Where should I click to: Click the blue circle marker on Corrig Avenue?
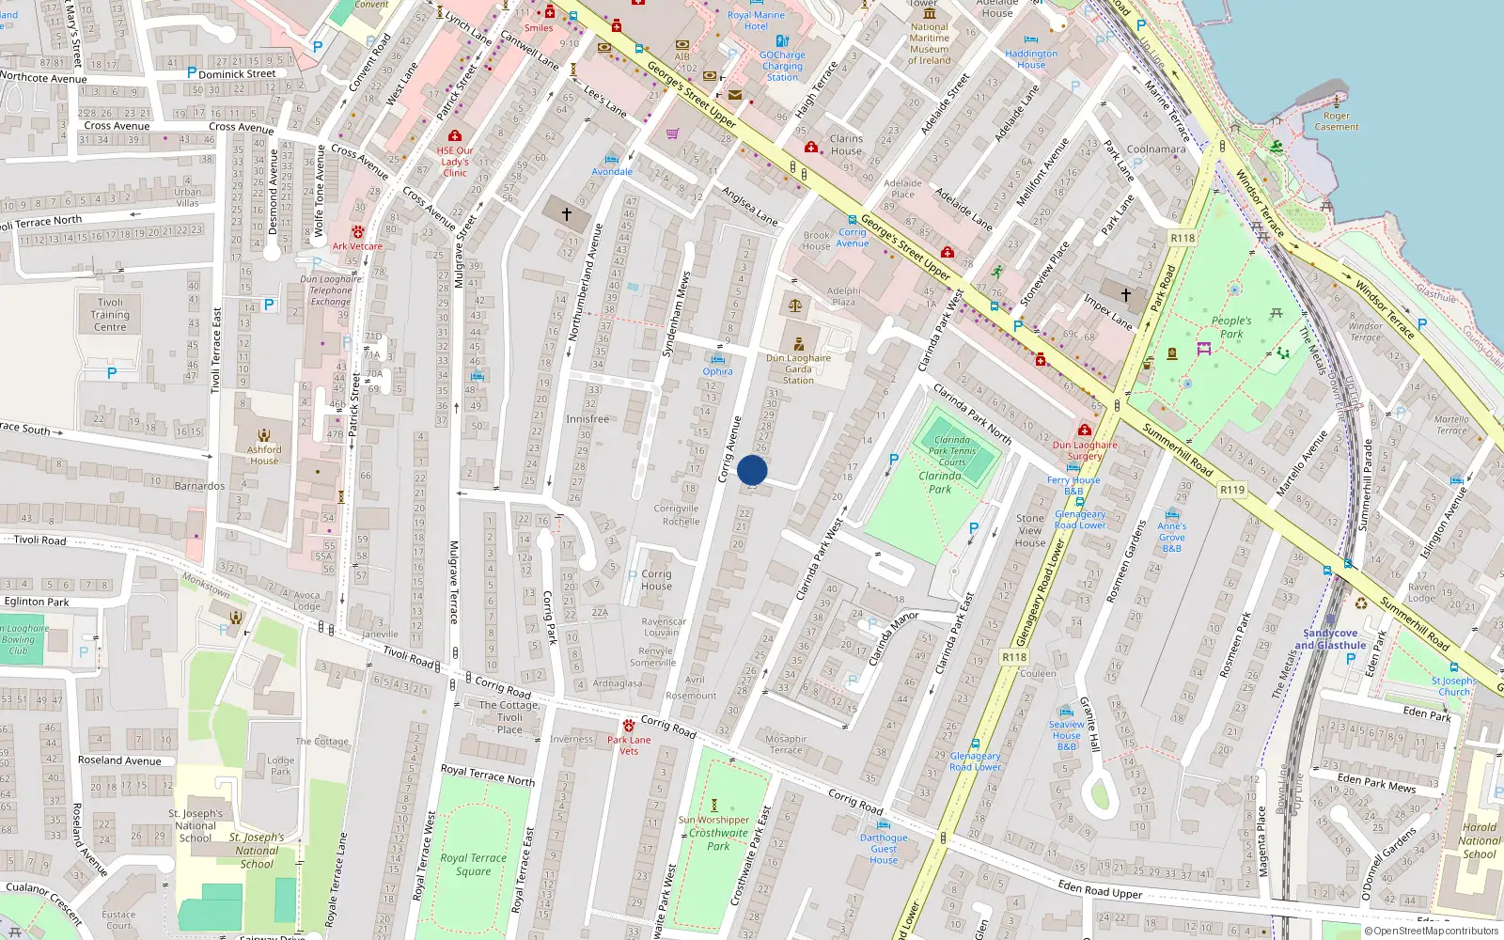[752, 470]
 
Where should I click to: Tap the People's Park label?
[1231, 327]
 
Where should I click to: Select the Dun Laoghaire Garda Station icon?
[798, 344]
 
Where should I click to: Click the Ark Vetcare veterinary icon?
[357, 231]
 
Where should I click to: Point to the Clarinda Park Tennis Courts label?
[951, 450]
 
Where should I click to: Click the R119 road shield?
[1231, 489]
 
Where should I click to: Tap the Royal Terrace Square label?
[473, 864]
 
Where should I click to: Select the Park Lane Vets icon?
[628, 726]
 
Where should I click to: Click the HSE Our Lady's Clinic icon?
[455, 136]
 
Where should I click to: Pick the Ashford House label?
[264, 455]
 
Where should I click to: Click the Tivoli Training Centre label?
[110, 315]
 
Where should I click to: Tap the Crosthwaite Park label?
[718, 839]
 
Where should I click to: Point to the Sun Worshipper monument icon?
[713, 806]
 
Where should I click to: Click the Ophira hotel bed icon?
[717, 358]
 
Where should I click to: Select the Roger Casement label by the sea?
[1336, 121]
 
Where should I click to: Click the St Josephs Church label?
[1453, 686]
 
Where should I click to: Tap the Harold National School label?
[1479, 840]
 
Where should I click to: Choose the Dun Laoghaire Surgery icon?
[1084, 431]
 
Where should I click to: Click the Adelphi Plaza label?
[843, 296]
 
